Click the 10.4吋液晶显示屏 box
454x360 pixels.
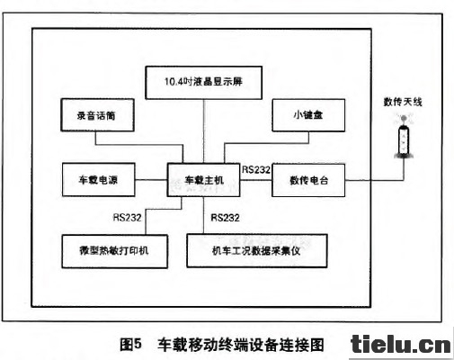tap(203, 83)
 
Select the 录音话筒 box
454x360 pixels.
tap(97, 115)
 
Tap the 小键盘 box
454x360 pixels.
tap(308, 115)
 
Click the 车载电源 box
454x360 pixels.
tap(99, 180)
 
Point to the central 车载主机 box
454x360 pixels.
tap(203, 180)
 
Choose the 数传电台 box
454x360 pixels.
tap(308, 180)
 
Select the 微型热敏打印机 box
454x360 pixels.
tap(114, 251)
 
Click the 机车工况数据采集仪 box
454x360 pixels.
tap(257, 251)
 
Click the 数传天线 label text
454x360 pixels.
tap(403, 102)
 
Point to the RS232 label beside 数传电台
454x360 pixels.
tap(256, 170)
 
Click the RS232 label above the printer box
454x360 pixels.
tap(127, 217)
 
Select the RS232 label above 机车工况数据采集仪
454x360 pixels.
tap(225, 217)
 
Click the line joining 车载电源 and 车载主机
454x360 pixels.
tap(151, 180)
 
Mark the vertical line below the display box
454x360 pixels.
tap(203, 131)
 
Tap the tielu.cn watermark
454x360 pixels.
tap(401, 345)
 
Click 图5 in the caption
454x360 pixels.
tap(130, 345)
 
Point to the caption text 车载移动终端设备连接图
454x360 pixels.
tap(241, 345)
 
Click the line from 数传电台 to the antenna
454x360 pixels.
tap(375, 180)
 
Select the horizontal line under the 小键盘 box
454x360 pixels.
tap(267, 144)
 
